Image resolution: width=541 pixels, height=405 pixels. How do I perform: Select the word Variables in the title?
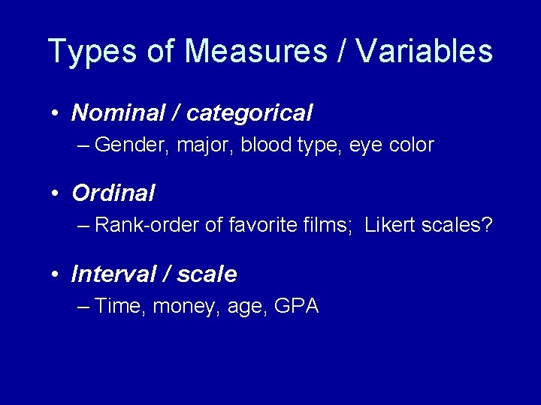[425, 52]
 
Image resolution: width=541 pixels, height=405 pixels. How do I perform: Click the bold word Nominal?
[117, 113]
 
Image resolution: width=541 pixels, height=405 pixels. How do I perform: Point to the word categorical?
[249, 113]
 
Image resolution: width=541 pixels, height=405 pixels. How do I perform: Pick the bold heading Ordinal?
[113, 193]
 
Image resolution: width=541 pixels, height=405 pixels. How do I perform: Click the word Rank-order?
[148, 225]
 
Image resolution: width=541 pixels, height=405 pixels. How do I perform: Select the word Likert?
[389, 225]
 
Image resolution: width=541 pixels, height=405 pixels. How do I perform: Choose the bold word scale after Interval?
[207, 274]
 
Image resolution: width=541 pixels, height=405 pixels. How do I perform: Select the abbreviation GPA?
[297, 306]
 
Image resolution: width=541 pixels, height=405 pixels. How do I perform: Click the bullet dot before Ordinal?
[56, 194]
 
